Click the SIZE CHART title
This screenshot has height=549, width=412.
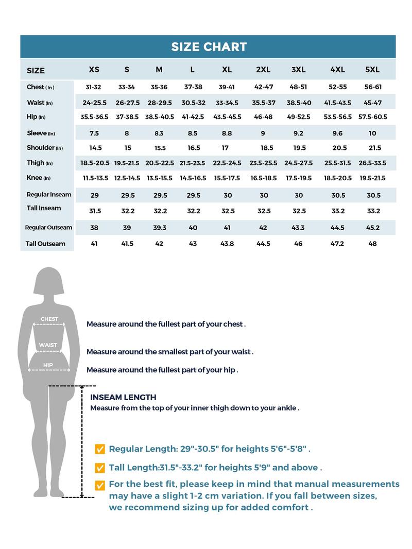pos(209,46)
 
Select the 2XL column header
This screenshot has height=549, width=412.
pos(263,70)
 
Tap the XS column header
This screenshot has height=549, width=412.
pos(94,70)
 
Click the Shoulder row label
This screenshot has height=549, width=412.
pos(45,148)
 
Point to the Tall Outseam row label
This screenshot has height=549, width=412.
pos(45,244)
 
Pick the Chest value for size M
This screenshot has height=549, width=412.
pos(159,87)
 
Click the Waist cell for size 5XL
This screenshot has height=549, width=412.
pos(372,103)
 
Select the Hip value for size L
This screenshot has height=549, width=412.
pos(193,117)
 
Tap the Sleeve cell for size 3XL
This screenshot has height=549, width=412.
pos(299,133)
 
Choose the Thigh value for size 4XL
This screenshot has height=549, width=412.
pos(337,163)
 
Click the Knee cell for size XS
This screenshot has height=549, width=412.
pos(95,178)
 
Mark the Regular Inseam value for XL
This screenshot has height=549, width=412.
pos(228,195)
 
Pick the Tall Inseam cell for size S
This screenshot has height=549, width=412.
pos(128,211)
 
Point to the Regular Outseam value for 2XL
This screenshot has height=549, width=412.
pos(263,228)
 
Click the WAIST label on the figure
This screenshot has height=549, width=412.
pos(48,345)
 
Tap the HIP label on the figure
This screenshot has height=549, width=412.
pos(48,365)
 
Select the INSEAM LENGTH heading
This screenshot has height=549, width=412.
pos(123,398)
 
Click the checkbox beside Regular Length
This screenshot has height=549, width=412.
pos(100,449)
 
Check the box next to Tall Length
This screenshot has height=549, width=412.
pos(100,468)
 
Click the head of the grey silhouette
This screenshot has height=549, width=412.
pos(48,281)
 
